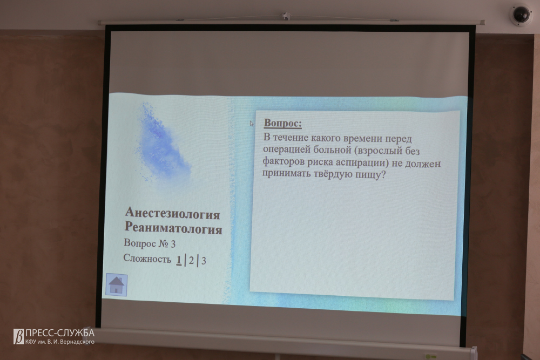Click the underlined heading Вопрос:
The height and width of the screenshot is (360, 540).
pyautogui.click(x=283, y=123)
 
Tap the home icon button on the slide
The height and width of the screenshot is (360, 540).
pyautogui.click(x=117, y=284)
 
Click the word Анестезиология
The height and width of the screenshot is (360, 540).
pyautogui.click(x=172, y=213)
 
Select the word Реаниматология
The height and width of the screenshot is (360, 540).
pyautogui.click(x=173, y=228)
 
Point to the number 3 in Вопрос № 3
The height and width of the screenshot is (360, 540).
pyautogui.click(x=173, y=244)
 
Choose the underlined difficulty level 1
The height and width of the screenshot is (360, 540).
pyautogui.click(x=179, y=260)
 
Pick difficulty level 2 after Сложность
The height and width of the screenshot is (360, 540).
pyautogui.click(x=191, y=261)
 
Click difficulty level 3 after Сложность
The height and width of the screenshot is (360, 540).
pyautogui.click(x=204, y=261)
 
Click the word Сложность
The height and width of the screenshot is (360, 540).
pyautogui.click(x=147, y=259)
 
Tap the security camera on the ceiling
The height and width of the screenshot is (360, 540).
pyautogui.click(x=521, y=15)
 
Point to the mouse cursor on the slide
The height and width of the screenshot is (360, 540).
pyautogui.click(x=252, y=123)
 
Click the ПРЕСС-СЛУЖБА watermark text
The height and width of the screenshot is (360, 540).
pyautogui.click(x=59, y=333)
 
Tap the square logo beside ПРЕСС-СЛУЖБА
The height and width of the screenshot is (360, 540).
pyautogui.click(x=18, y=336)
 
